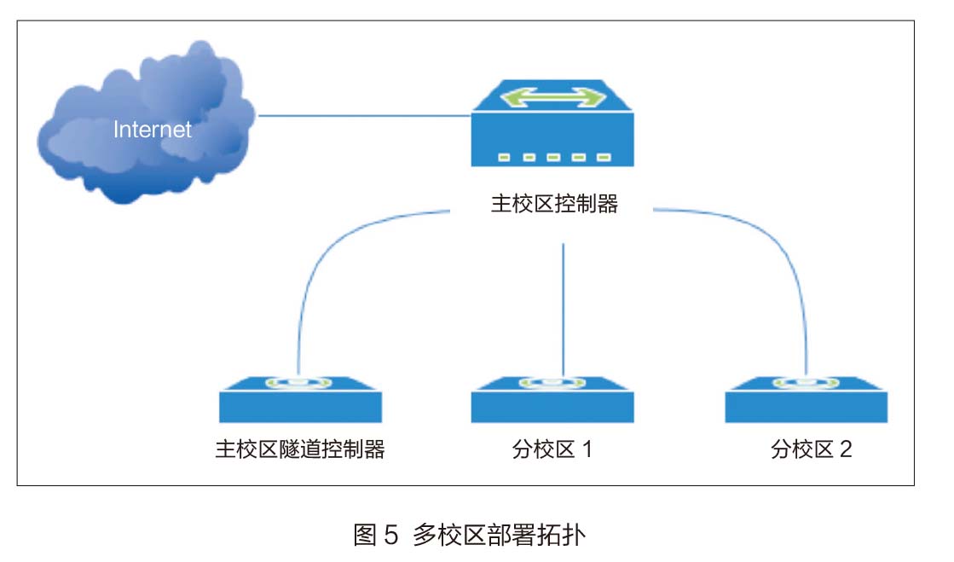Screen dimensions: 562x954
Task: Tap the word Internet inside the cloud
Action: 153,130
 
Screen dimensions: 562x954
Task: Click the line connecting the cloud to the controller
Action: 365,115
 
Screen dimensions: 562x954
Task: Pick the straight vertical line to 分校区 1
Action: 563,307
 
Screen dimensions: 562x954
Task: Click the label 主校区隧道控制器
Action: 300,449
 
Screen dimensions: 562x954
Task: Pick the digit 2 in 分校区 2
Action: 845,449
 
